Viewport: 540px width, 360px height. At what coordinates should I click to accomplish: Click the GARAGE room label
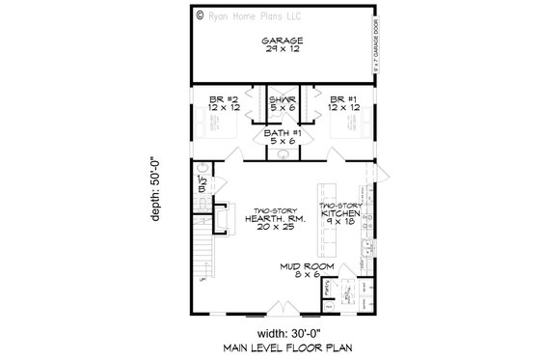pos(283,40)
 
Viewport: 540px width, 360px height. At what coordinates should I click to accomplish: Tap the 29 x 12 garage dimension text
pos(283,49)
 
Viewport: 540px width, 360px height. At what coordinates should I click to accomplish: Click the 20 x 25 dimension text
pos(269,231)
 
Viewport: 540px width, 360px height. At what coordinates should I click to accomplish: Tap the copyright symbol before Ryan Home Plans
pos(199,15)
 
